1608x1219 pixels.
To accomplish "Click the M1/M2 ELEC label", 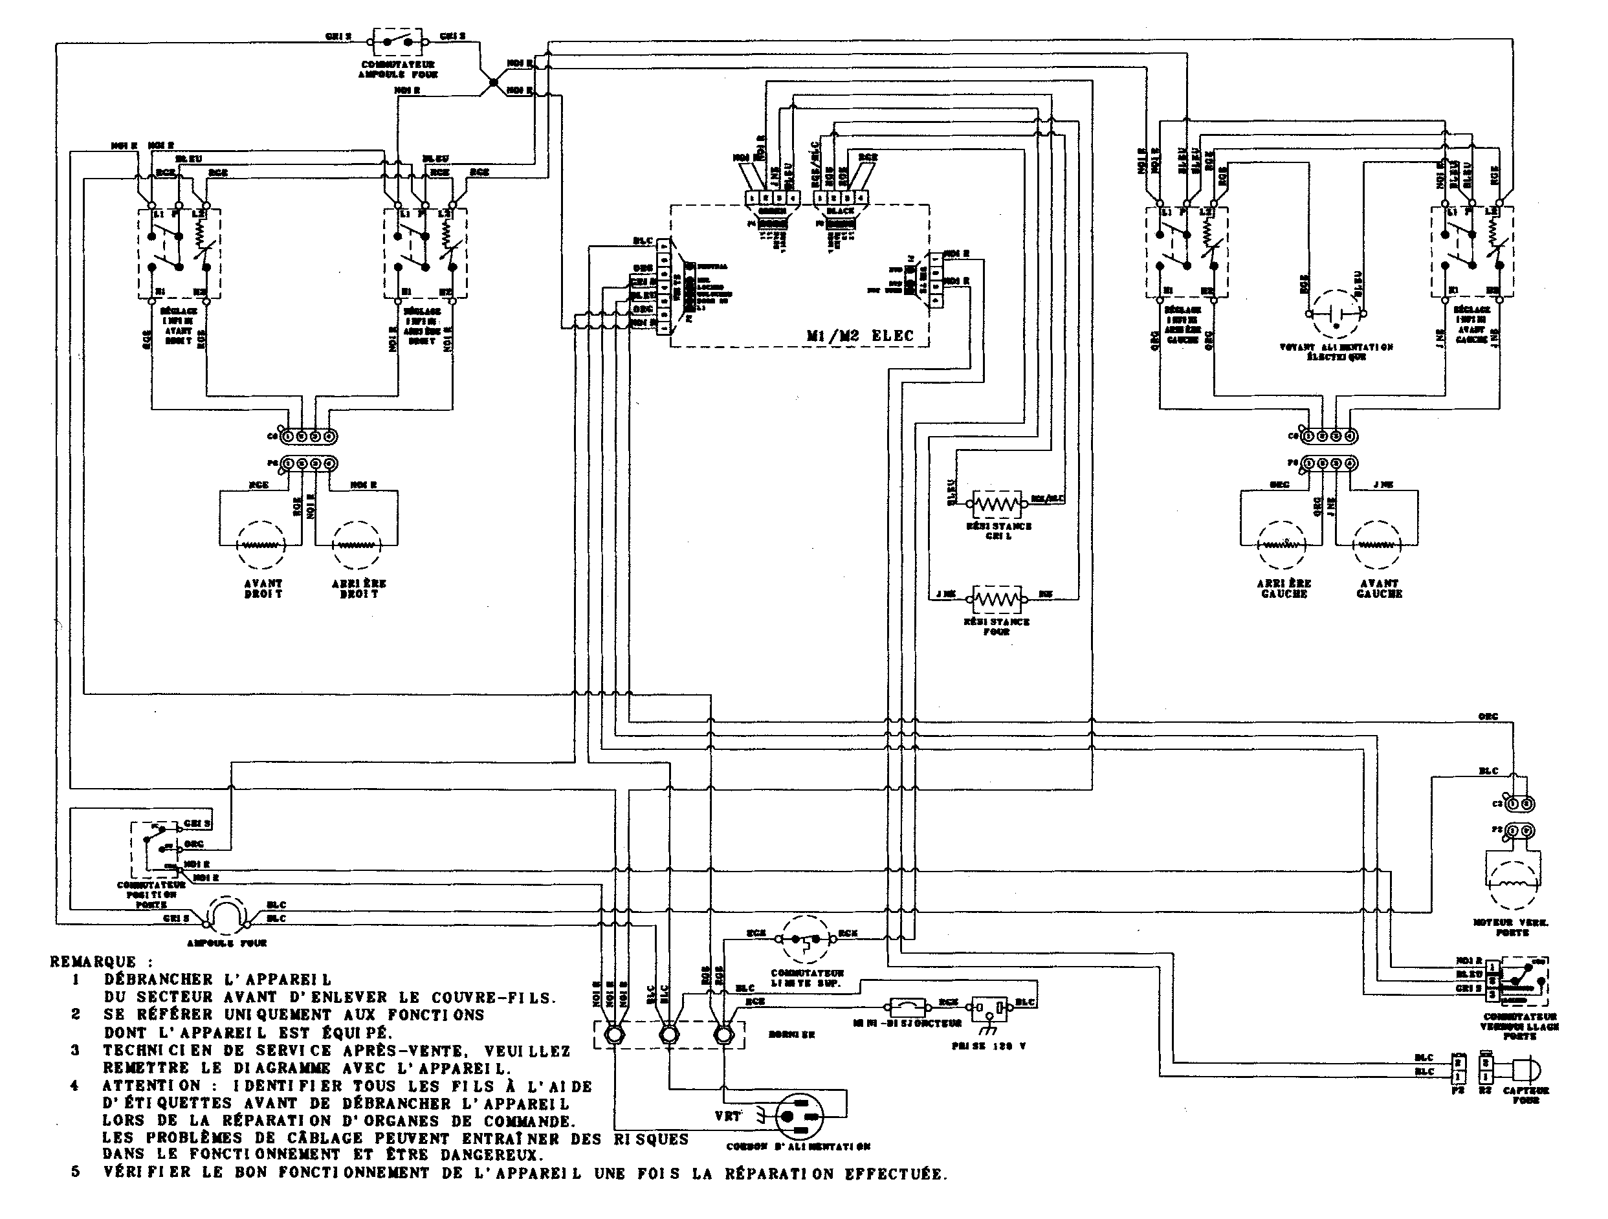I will tap(860, 336).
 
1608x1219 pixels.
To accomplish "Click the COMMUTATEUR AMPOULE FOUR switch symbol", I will tap(396, 42).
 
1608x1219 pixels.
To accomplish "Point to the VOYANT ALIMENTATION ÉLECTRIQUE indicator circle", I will tap(1335, 314).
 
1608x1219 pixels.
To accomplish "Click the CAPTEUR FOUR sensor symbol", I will tap(1525, 1070).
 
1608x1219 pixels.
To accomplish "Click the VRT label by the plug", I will tap(728, 1115).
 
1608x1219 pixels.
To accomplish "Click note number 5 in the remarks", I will tap(76, 1173).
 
